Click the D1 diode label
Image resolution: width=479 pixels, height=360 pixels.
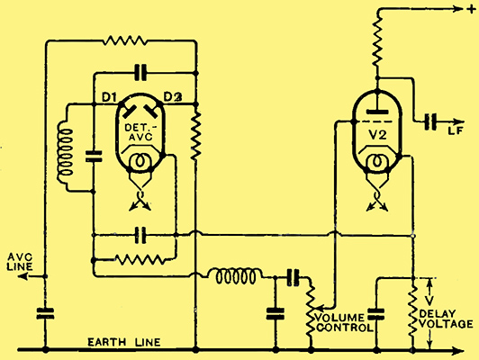109,97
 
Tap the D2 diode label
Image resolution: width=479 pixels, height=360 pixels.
173,97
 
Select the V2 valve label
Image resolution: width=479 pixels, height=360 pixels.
378,135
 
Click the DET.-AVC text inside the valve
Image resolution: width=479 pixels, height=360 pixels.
139,132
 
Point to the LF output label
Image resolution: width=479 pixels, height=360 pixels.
456,130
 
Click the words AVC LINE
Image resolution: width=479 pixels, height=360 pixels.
20,262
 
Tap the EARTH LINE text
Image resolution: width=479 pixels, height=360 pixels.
123,342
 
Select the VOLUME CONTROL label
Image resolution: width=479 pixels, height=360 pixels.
344,322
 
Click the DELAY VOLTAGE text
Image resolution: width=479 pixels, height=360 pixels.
446,319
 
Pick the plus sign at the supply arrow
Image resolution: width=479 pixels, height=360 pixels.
470,10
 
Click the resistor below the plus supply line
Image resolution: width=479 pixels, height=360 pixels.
377,41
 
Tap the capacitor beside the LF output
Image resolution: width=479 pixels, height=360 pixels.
430,121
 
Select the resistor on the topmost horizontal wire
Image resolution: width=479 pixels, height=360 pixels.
124,40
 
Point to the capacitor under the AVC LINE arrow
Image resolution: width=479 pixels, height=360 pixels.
45,313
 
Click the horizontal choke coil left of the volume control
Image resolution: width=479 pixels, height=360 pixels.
234,276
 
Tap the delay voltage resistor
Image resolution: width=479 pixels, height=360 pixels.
413,310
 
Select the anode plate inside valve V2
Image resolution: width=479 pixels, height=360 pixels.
377,112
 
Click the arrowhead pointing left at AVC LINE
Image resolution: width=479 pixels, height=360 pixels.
23,276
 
